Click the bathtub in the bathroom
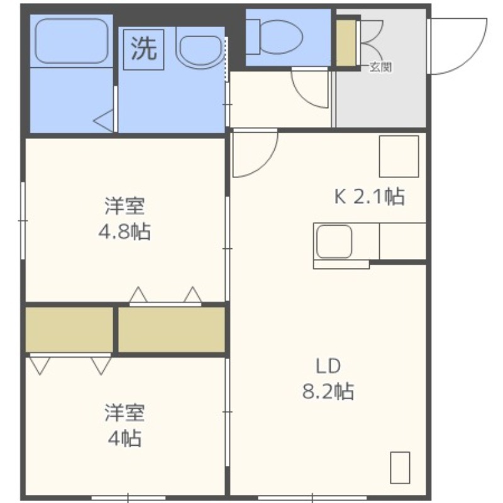71,41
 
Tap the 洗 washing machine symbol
144,50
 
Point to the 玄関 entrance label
381,67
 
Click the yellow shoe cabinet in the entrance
346,43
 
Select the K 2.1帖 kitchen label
370,196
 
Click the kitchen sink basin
334,241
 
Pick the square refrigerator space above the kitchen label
399,156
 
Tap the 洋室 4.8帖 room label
124,219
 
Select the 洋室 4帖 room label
124,426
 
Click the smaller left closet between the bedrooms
69,329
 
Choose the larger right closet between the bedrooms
171,329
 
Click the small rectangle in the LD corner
400,468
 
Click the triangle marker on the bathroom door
103,121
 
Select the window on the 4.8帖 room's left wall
23,221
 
